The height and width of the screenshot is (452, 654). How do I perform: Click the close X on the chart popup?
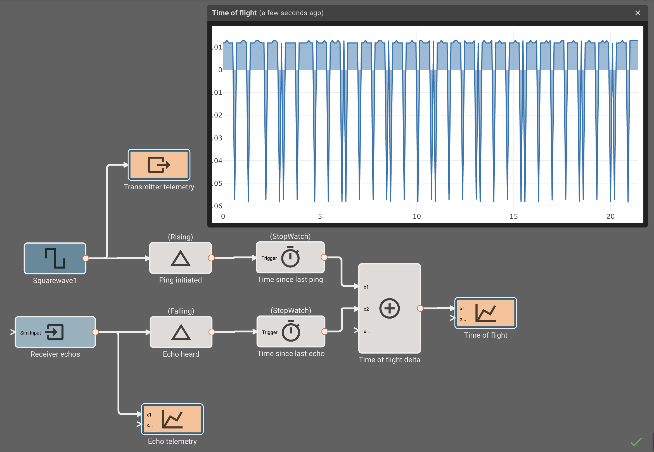(x=638, y=13)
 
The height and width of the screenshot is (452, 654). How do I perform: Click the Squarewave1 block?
(x=55, y=258)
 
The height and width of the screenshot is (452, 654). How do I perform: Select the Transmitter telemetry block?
(x=159, y=165)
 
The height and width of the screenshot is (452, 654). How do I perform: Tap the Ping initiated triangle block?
(x=180, y=258)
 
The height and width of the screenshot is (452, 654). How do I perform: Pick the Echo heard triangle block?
(x=181, y=332)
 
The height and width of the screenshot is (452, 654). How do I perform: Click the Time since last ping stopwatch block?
(x=290, y=257)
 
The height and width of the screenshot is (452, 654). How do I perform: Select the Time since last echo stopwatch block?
(x=291, y=332)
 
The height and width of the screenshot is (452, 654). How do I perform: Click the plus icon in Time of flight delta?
(x=389, y=309)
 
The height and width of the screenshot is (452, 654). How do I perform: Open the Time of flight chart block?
(x=485, y=313)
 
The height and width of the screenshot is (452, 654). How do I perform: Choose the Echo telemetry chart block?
(x=172, y=419)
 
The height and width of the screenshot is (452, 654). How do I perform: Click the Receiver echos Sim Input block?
(x=55, y=332)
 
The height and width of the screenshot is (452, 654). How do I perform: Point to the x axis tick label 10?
(x=416, y=217)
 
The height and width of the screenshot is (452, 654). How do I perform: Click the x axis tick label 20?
(x=610, y=217)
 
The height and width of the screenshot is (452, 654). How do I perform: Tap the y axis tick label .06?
(x=217, y=206)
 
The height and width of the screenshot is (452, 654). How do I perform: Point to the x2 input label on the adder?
(x=366, y=309)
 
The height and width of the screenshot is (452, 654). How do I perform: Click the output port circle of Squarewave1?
(x=86, y=258)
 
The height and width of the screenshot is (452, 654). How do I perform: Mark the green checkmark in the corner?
(x=636, y=442)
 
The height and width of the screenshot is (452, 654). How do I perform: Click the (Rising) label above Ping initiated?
(x=180, y=237)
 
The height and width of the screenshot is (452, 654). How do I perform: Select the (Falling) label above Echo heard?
(x=181, y=311)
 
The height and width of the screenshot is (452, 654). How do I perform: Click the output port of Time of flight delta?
(x=420, y=309)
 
